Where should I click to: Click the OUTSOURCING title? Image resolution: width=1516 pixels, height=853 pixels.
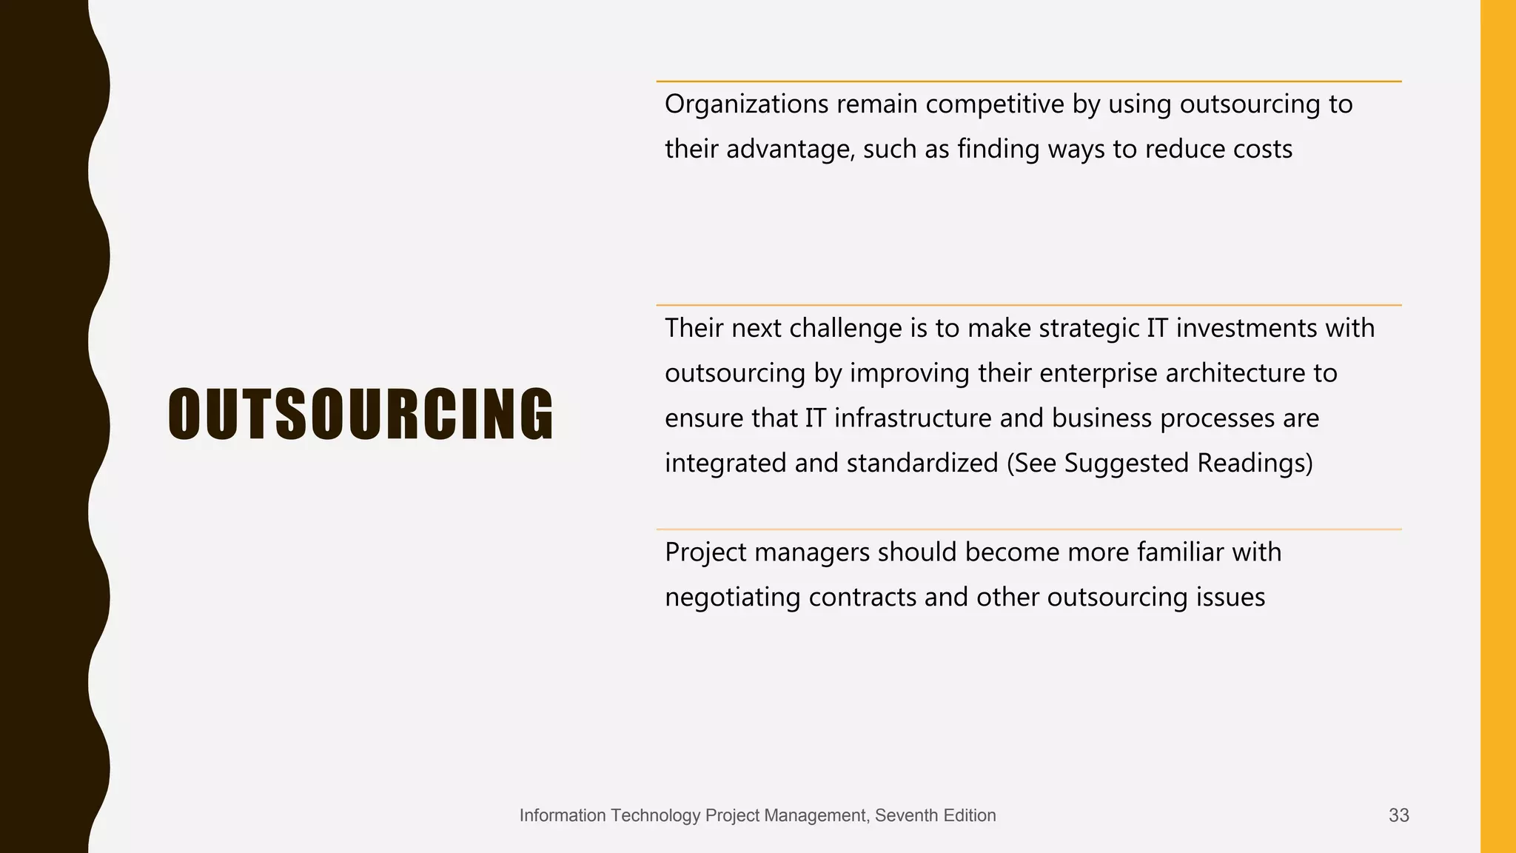point(360,415)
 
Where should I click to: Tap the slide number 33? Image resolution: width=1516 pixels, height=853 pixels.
point(1398,815)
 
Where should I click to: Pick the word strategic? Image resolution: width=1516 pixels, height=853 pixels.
point(1089,328)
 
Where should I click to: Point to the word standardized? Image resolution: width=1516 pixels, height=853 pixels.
point(922,464)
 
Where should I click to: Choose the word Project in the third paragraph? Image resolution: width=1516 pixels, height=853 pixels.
point(705,553)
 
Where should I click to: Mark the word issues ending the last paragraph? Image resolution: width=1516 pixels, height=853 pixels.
point(1230,598)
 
